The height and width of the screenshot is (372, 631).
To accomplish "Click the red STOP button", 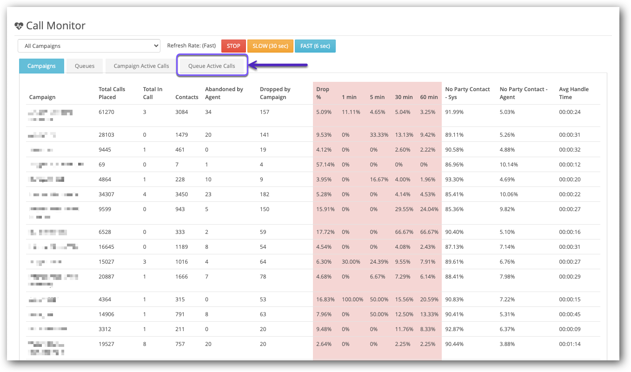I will pos(233,46).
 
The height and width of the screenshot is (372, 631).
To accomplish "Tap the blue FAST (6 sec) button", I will pos(315,46).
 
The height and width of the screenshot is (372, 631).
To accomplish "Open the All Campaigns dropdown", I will pos(89,46).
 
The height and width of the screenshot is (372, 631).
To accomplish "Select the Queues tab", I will pos(85,66).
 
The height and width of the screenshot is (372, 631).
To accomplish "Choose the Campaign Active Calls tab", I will pos(141,66).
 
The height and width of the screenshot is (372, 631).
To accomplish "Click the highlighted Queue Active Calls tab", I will pos(212,66).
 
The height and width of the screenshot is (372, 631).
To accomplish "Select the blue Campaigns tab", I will pos(41,66).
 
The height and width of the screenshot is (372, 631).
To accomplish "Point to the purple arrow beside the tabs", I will pos(279,66).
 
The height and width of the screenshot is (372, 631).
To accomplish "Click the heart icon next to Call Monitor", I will pos(19,26).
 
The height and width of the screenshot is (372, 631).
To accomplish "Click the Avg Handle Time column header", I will pos(574,93).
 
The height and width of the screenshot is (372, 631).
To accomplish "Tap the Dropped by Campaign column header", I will pos(275,93).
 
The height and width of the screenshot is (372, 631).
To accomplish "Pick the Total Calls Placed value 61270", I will pos(106,112).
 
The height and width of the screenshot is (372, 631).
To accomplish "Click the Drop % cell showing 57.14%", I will pos(325,165).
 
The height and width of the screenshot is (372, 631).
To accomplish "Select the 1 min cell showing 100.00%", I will pos(352,299).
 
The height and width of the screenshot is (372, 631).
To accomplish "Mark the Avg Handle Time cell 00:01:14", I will pos(570,344).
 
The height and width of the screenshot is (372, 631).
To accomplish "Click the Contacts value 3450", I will pos(183,194).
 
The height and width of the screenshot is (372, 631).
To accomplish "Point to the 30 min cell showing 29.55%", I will pos(404,209).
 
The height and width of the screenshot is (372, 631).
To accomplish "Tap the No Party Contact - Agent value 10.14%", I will pos(509,165).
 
